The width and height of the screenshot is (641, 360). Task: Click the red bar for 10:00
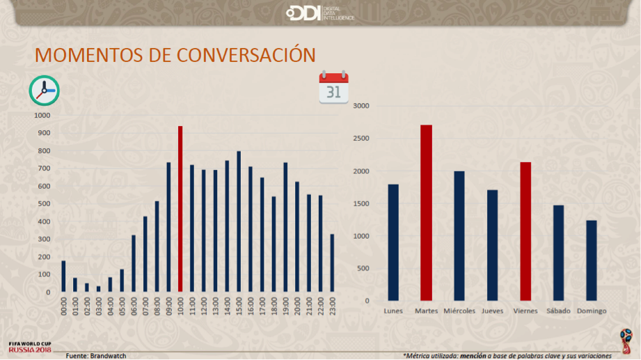(x=180, y=209)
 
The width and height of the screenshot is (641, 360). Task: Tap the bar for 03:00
(x=98, y=289)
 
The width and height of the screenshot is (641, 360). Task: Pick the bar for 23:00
(x=332, y=263)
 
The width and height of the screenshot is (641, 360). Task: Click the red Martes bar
(x=426, y=213)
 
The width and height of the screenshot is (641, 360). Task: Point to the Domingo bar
(x=592, y=260)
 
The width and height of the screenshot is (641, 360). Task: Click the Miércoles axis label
(x=459, y=311)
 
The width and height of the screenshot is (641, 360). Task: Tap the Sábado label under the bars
(x=559, y=311)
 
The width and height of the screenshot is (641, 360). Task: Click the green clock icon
(x=44, y=91)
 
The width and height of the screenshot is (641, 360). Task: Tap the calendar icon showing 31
(x=333, y=88)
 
